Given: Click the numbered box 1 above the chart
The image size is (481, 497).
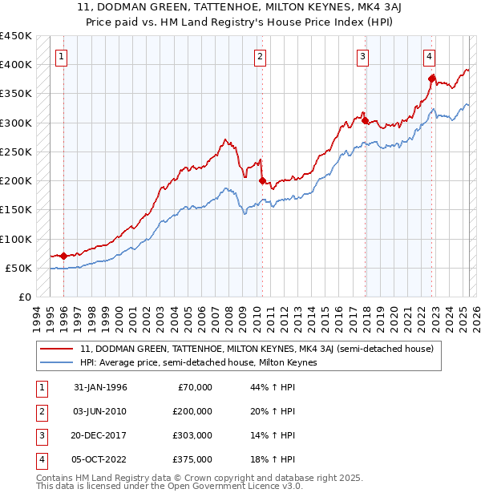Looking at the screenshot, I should [62, 56].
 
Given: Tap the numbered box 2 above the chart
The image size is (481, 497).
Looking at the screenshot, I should [261, 56].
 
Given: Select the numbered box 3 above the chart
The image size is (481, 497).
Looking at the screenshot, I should [363, 56].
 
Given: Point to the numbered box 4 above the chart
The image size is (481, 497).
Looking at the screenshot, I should [430, 56].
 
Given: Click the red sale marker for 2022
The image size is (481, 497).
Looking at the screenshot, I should [431, 79].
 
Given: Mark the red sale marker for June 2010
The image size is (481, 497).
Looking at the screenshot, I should [262, 180].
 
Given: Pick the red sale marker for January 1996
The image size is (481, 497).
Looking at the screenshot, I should [63, 257].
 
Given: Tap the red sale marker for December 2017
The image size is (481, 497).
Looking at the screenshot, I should [365, 121].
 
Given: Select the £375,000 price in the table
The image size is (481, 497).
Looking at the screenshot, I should [192, 459].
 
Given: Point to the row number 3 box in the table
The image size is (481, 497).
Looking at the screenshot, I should [39, 435].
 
